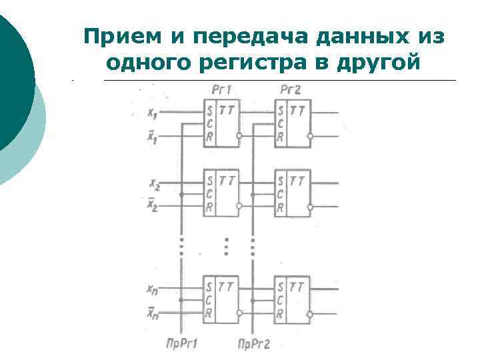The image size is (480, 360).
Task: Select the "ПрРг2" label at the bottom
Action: pos(254,344)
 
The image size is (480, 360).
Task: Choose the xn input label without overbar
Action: pos(153,289)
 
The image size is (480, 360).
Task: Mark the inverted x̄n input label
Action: pos(153,311)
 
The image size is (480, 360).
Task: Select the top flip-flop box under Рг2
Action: pos(293,123)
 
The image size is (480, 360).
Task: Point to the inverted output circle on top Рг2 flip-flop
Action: pos(309,137)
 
